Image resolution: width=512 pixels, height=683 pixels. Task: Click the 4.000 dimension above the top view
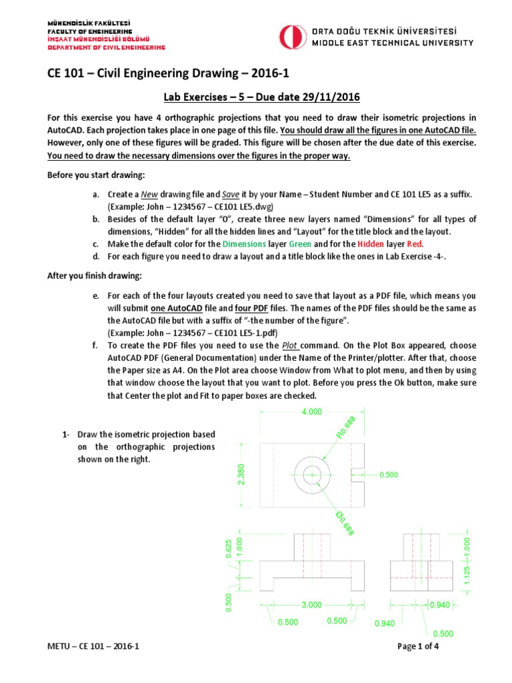(x=311, y=412)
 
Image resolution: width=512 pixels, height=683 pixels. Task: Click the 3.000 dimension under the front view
(x=312, y=604)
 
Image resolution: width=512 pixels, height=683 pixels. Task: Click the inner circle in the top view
(x=311, y=474)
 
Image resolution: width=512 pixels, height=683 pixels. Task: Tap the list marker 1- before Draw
(x=65, y=435)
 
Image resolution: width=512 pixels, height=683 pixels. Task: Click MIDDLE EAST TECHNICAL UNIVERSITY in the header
(x=393, y=42)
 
